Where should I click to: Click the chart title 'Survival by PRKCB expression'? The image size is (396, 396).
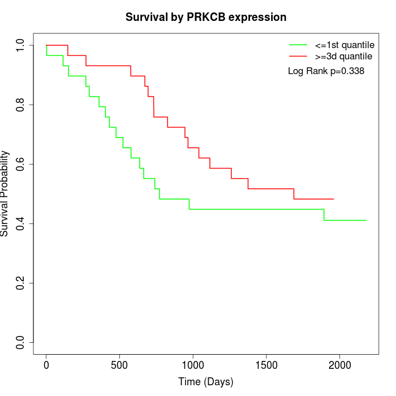[206, 17]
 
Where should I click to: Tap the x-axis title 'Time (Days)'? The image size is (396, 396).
[206, 382]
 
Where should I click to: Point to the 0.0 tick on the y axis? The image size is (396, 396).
[20, 342]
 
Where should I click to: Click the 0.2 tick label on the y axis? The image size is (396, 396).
[20, 283]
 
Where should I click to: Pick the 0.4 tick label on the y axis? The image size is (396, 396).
[20, 223]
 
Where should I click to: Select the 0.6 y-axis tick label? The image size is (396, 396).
[20, 164]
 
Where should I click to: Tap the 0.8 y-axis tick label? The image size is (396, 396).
[20, 105]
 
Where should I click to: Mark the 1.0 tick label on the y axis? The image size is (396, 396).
[20, 45]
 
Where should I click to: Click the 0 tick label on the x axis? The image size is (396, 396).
[46, 365]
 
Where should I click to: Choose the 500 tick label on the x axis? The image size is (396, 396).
[119, 365]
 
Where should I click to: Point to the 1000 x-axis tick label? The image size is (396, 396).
[193, 365]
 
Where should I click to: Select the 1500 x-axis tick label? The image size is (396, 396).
[266, 365]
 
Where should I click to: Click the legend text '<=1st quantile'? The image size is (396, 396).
[343, 45]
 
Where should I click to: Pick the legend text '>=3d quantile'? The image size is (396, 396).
[343, 57]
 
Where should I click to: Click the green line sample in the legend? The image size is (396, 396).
[298, 45]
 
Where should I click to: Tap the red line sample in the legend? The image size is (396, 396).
[298, 57]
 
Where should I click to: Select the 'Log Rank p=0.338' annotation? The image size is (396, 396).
[326, 71]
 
